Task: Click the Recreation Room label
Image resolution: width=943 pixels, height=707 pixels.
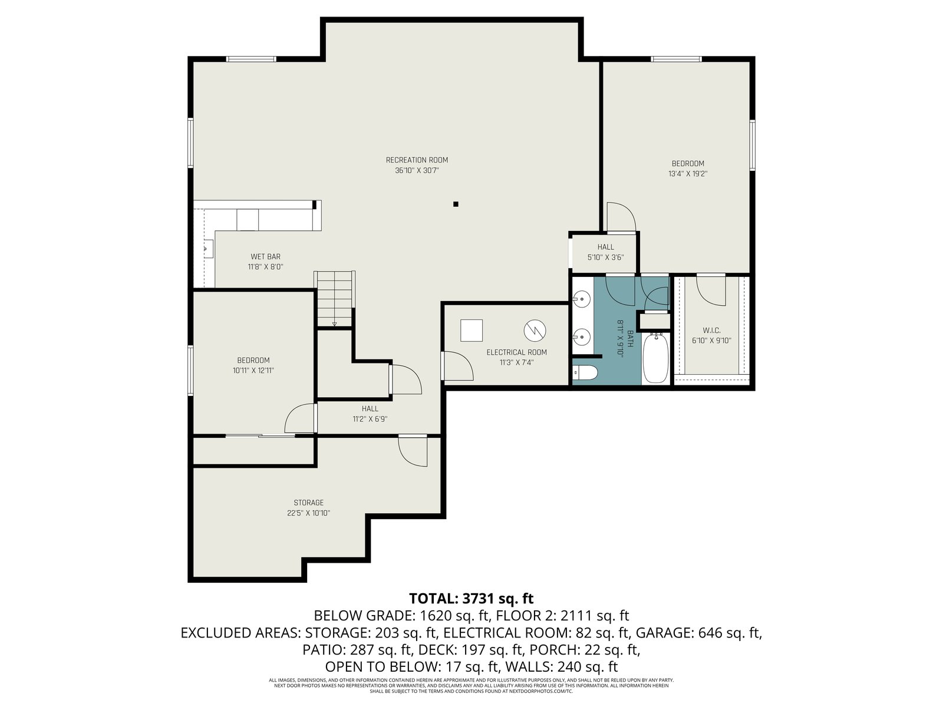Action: point(416,160)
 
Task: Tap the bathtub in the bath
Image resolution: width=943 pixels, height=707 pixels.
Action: point(655,358)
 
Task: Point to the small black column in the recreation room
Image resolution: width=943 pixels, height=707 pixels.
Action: point(456,204)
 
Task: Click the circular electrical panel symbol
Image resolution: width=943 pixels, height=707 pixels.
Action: point(535,330)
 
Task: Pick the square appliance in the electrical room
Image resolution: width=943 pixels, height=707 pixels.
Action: point(471,331)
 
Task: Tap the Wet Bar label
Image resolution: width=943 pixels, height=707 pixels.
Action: point(265,257)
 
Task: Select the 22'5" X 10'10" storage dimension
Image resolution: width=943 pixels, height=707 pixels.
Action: point(308,513)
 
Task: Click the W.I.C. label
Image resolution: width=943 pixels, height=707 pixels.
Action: point(711,331)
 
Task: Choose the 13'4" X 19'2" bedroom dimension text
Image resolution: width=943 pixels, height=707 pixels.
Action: point(687,174)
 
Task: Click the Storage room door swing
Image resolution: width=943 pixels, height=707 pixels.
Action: point(413,451)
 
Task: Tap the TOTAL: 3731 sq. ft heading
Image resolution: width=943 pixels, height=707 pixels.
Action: point(471,598)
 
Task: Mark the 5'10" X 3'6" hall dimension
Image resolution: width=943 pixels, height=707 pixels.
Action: point(605,257)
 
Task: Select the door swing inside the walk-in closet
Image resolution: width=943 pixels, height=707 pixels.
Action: point(711,291)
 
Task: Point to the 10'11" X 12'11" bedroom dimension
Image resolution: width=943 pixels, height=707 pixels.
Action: point(253,371)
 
